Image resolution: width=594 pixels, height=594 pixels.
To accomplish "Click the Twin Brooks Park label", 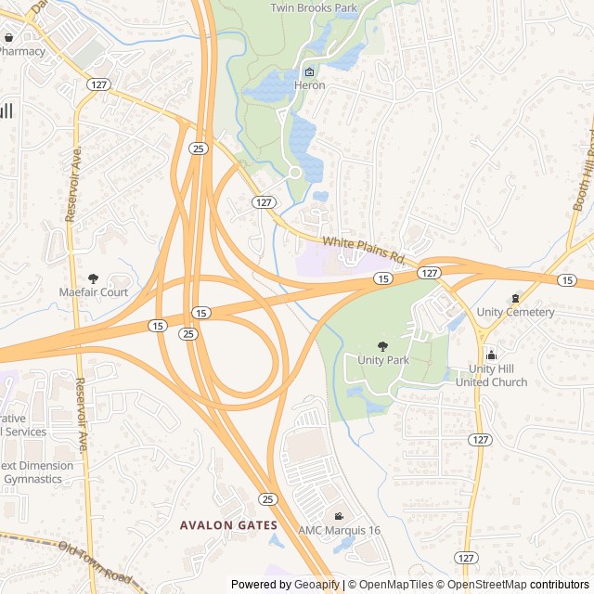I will click(x=313, y=7).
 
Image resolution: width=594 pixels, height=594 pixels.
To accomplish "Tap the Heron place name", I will click(x=310, y=85).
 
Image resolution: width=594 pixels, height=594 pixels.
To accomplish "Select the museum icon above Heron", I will click(x=310, y=72).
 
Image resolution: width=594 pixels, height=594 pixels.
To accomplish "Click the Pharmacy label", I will click(x=21, y=51).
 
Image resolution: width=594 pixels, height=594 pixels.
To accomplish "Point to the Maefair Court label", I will click(x=93, y=292).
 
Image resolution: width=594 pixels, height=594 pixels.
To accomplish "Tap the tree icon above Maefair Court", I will click(x=93, y=278).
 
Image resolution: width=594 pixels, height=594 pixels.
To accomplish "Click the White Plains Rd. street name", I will click(x=366, y=250).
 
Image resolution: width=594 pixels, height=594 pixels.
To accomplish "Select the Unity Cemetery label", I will click(x=515, y=312).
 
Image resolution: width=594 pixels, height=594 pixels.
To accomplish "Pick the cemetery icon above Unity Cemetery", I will click(x=515, y=298).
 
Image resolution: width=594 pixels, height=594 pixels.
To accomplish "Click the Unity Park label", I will click(x=383, y=359).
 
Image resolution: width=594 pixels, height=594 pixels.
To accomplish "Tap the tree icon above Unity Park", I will click(x=383, y=346).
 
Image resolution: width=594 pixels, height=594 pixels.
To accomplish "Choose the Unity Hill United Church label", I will click(x=491, y=375).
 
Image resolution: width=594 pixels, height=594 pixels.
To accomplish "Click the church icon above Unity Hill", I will click(x=491, y=355).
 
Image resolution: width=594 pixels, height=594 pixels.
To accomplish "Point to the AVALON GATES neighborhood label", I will click(x=227, y=525).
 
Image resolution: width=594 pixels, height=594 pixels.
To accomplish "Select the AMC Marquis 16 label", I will click(x=339, y=530).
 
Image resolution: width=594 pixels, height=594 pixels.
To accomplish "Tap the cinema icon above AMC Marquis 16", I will click(x=339, y=516).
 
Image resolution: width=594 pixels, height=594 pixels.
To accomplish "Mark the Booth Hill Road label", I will click(x=583, y=172).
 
